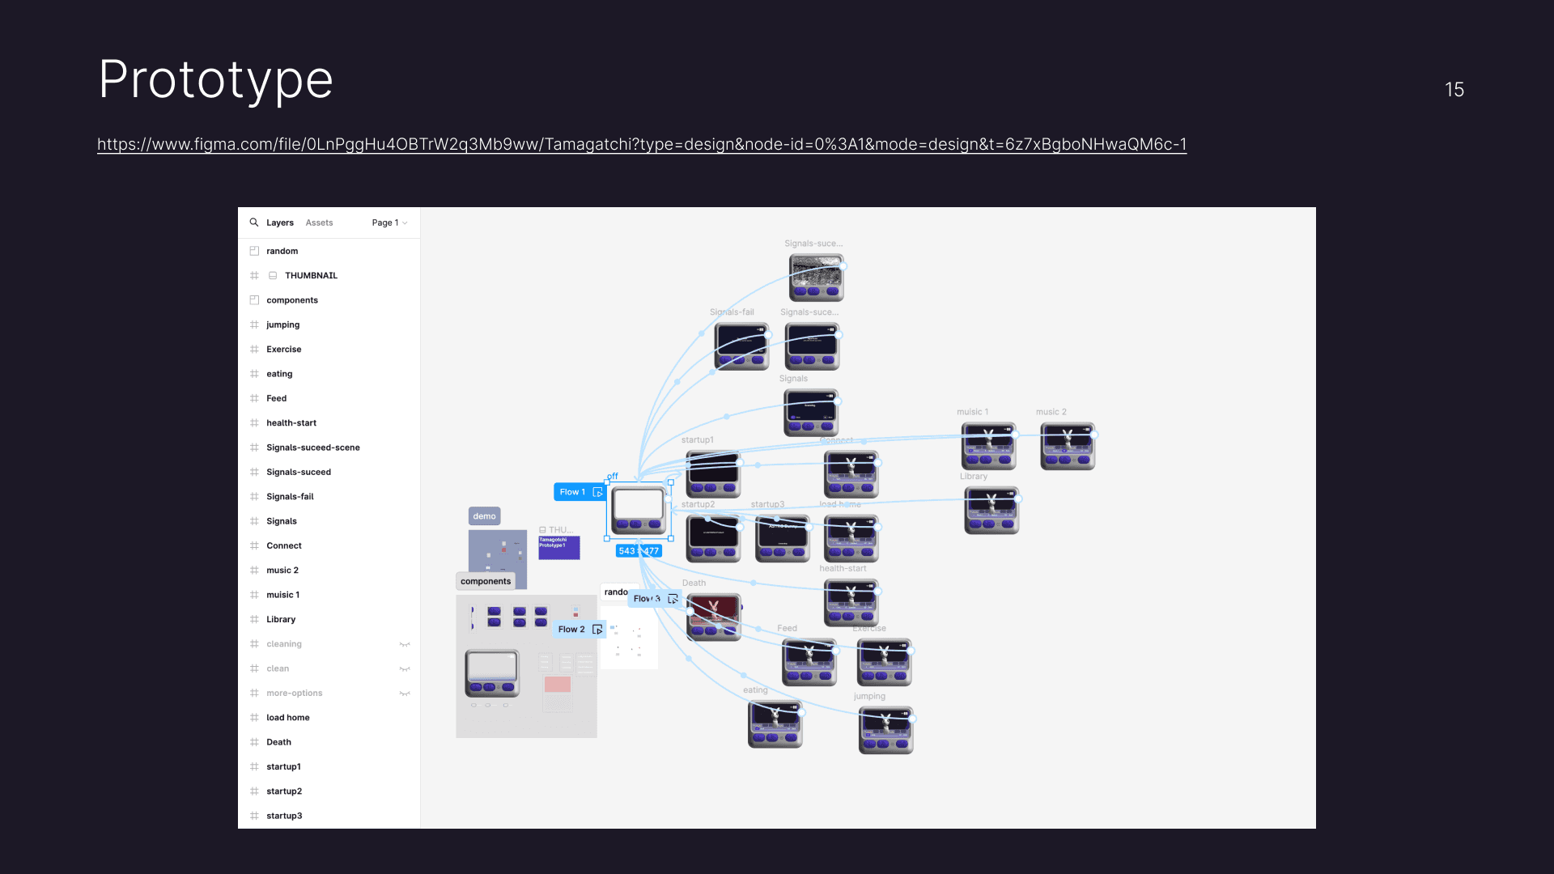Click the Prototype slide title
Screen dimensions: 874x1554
(215, 80)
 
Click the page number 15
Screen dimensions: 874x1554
(1454, 90)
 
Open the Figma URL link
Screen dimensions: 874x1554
(641, 145)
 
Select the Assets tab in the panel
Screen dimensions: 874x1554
(319, 223)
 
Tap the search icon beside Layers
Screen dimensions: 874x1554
(254, 223)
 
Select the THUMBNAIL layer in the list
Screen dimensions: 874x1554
(311, 276)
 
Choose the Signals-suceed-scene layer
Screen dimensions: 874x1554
(312, 448)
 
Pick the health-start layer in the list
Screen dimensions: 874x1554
(291, 423)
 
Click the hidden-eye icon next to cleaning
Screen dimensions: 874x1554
(405, 644)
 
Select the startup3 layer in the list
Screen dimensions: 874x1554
(284, 816)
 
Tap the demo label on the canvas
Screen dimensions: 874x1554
(484, 516)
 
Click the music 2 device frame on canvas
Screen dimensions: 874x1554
(1068, 446)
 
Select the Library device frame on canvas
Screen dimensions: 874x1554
(991, 510)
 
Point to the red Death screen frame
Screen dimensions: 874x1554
(714, 617)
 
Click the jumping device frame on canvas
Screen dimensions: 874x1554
(886, 730)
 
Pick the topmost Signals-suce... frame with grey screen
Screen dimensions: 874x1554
(817, 278)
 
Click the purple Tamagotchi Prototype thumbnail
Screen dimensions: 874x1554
(559, 548)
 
